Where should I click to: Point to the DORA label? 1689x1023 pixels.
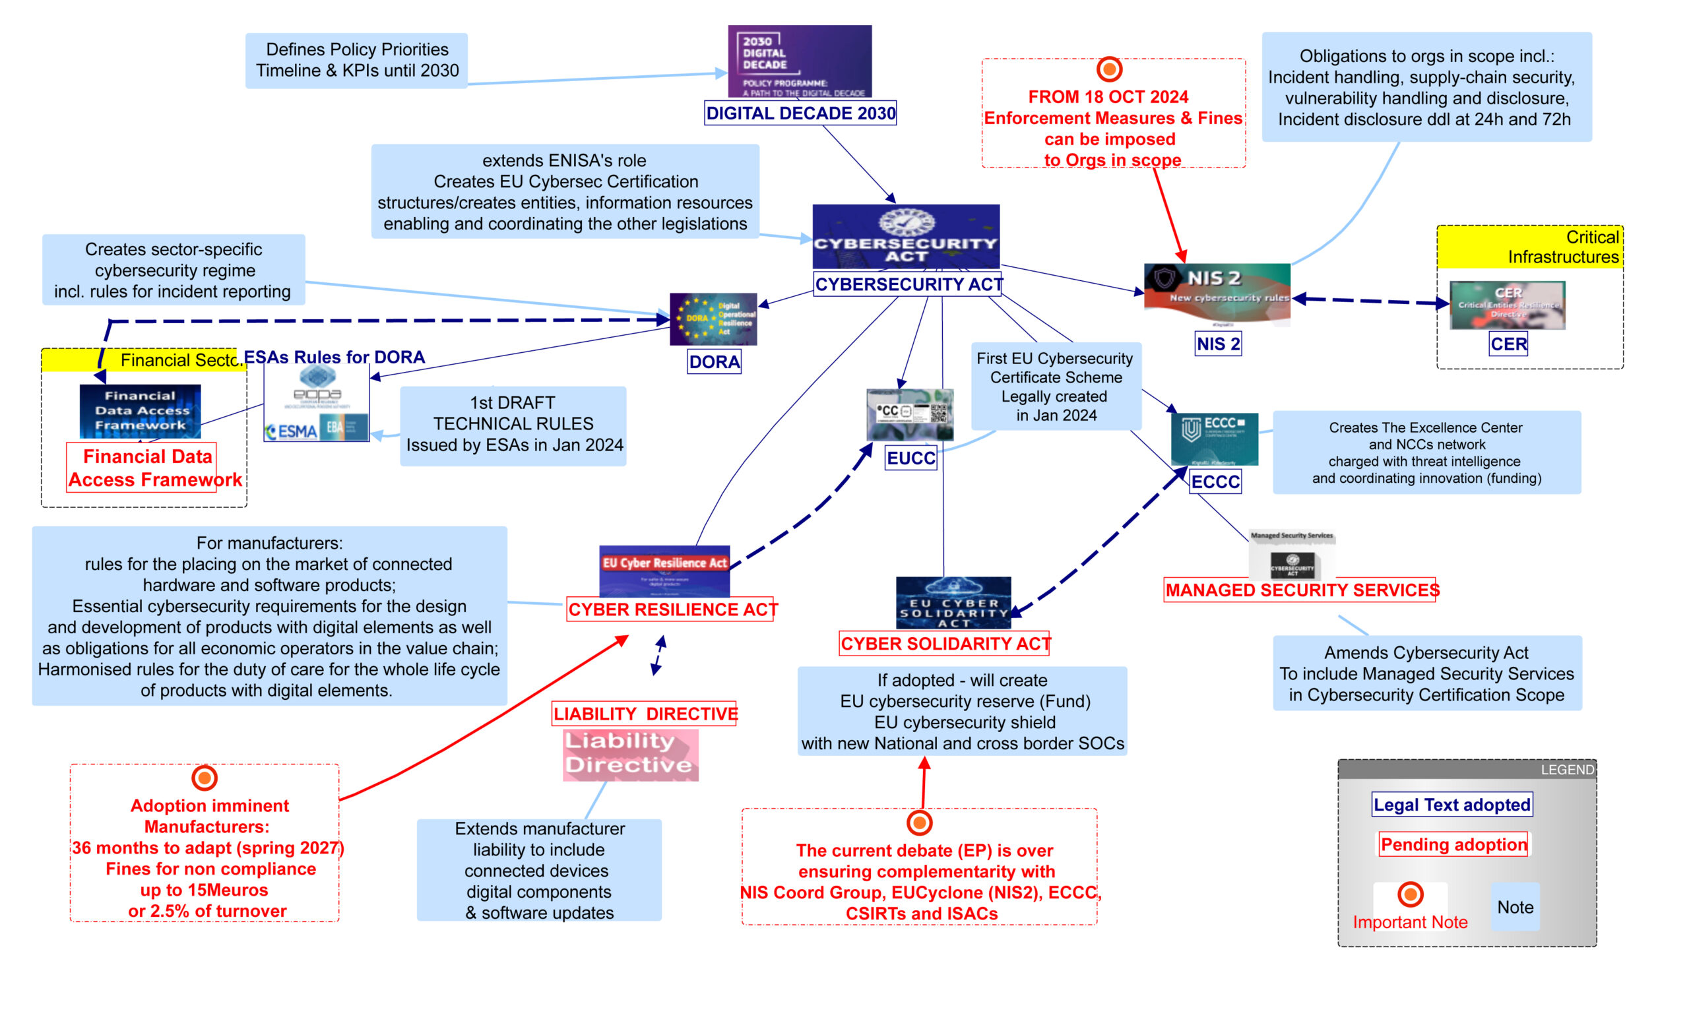(x=715, y=362)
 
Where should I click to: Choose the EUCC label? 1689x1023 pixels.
(x=910, y=458)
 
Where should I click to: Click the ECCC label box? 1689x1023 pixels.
(x=1215, y=481)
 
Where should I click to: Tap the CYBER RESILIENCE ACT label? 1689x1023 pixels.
(x=670, y=609)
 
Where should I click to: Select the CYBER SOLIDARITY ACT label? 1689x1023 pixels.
(x=944, y=643)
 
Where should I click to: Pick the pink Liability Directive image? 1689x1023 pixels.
(x=630, y=755)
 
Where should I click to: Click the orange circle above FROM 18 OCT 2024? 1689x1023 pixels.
(x=1109, y=69)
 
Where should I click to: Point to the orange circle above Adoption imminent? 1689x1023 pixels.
(x=205, y=778)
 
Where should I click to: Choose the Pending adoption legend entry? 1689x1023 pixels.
(x=1453, y=844)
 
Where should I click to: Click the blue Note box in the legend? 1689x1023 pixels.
(x=1515, y=906)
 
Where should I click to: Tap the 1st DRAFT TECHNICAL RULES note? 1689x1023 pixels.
(x=513, y=425)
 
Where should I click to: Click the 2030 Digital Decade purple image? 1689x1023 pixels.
(x=799, y=61)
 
